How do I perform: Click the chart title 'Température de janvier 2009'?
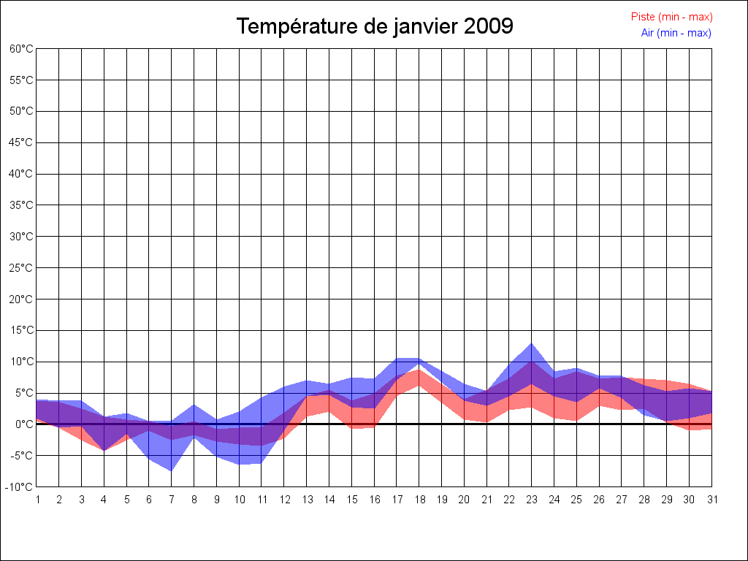(x=375, y=26)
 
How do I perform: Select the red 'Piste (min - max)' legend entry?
(x=671, y=17)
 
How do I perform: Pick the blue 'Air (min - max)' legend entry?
(x=676, y=33)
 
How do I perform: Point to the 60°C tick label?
(x=21, y=49)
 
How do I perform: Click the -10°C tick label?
(x=20, y=487)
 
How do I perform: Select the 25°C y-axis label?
(x=21, y=268)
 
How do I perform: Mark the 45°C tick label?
(x=21, y=142)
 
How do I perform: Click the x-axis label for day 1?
(x=37, y=500)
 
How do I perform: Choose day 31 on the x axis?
(x=711, y=500)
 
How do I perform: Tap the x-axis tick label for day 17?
(x=397, y=500)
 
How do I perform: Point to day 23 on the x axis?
(x=532, y=500)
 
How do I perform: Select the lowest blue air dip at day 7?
(x=172, y=470)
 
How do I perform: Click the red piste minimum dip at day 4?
(x=104, y=450)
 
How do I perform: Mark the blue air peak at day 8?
(x=194, y=405)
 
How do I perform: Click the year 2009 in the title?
(x=488, y=26)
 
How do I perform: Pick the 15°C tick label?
(x=21, y=330)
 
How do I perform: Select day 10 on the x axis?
(x=239, y=500)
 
